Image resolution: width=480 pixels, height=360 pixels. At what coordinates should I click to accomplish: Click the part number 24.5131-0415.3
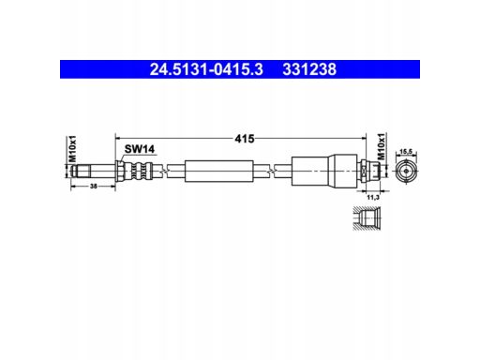click(206, 69)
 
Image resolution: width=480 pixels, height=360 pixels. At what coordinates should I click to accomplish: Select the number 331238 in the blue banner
click(309, 69)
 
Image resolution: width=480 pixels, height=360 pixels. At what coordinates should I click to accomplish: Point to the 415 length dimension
click(245, 139)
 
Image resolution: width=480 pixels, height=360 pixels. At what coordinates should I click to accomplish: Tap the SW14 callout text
click(140, 149)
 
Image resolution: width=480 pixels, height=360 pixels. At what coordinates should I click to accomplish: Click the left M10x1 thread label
click(72, 149)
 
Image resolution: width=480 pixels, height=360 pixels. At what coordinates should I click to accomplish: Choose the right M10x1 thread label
click(382, 146)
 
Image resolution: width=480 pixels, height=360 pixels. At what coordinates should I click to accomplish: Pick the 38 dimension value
click(94, 187)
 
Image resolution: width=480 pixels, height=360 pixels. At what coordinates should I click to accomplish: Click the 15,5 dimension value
click(406, 152)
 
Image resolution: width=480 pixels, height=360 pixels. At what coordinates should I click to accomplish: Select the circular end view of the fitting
click(406, 171)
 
